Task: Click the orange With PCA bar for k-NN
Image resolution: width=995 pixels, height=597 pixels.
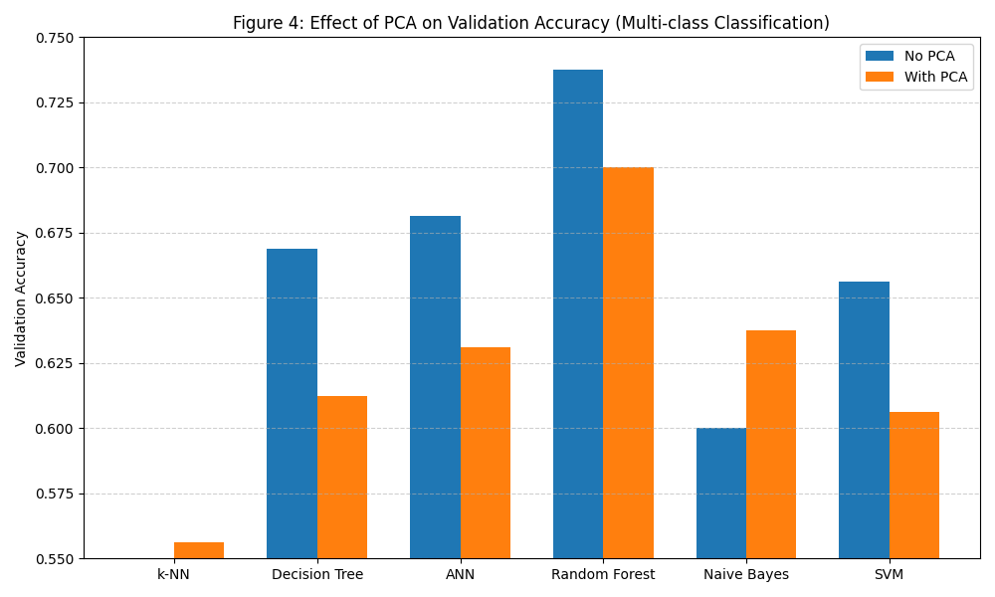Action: pyautogui.click(x=199, y=550)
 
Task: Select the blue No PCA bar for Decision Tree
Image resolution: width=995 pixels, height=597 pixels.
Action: pyautogui.click(x=292, y=403)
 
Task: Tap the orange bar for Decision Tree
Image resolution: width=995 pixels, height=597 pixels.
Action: pyautogui.click(x=342, y=477)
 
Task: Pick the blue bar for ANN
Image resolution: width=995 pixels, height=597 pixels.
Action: pyautogui.click(x=435, y=387)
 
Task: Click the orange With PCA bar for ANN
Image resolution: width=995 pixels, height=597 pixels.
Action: pyautogui.click(x=486, y=453)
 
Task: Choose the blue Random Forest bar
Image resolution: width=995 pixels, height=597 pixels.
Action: pyautogui.click(x=578, y=313)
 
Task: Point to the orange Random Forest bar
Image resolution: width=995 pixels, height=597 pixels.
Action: pyautogui.click(x=628, y=362)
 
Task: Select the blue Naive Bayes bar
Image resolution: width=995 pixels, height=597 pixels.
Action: pyautogui.click(x=721, y=493)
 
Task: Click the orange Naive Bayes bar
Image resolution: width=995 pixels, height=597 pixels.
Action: pyautogui.click(x=771, y=444)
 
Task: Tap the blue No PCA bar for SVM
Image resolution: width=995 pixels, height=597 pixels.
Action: pyautogui.click(x=864, y=420)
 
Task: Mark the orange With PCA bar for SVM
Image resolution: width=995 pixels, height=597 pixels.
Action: pyautogui.click(x=914, y=485)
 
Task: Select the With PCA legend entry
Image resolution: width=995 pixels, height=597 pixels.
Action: pyautogui.click(x=915, y=77)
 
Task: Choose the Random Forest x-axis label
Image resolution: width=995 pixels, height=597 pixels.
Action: pyautogui.click(x=603, y=574)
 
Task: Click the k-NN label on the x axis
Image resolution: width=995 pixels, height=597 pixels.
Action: pyautogui.click(x=174, y=574)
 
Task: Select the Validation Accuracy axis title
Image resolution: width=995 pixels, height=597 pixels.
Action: pyautogui.click(x=21, y=298)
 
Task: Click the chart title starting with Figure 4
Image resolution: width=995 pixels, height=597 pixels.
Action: pyautogui.click(x=531, y=23)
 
